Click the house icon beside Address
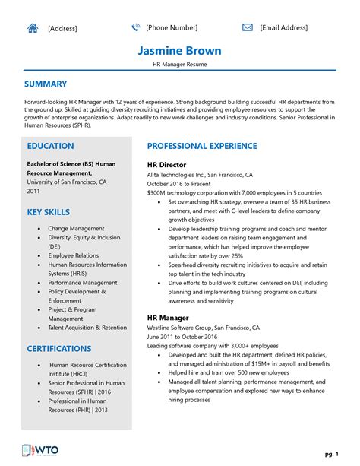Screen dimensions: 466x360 coord(33,28)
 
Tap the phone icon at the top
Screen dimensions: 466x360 coord(136,28)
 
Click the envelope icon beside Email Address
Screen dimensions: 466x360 coord(248,28)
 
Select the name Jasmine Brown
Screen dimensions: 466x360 coord(180,51)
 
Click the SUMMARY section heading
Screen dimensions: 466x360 coord(46,84)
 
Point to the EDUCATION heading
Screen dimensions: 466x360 coord(50,146)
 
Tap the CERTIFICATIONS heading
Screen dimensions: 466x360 coord(59,349)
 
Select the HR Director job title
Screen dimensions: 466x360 coord(168,163)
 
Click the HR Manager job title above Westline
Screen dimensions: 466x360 coord(169,317)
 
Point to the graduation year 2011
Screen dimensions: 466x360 coord(34,192)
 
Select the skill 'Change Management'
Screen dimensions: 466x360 coord(76,228)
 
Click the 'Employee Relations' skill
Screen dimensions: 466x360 coord(74,255)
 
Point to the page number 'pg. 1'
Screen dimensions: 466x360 coord(331,453)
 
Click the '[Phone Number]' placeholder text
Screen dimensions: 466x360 coord(172,28)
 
